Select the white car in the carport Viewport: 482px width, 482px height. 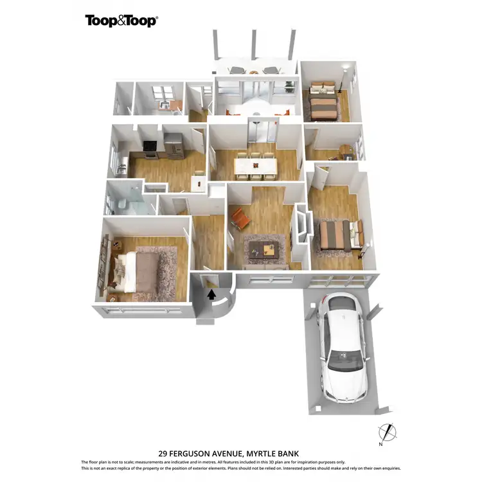click(x=345, y=346)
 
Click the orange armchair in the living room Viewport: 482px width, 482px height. click(x=240, y=220)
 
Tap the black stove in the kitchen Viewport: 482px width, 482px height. click(x=149, y=148)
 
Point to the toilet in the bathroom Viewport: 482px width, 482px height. click(x=122, y=204)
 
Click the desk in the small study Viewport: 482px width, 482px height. click(x=346, y=152)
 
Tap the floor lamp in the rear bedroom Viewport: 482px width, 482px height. click(x=348, y=77)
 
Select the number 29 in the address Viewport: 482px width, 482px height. click(x=163, y=452)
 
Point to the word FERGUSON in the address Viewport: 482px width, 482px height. click(x=193, y=452)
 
